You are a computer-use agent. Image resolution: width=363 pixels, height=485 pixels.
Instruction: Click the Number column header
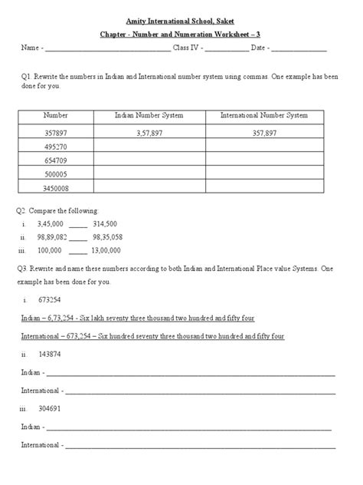(x=56, y=115)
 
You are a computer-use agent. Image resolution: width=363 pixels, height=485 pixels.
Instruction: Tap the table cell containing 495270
(x=56, y=146)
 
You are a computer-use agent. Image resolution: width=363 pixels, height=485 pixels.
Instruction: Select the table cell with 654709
(x=56, y=160)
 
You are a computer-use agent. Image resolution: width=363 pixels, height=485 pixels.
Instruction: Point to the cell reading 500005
(x=56, y=174)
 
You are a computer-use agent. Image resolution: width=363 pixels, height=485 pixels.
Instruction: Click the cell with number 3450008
(x=56, y=188)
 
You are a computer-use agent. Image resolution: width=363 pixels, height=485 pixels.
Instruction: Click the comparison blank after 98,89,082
(x=78, y=237)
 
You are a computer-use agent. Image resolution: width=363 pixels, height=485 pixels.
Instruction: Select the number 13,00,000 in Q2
(x=106, y=250)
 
